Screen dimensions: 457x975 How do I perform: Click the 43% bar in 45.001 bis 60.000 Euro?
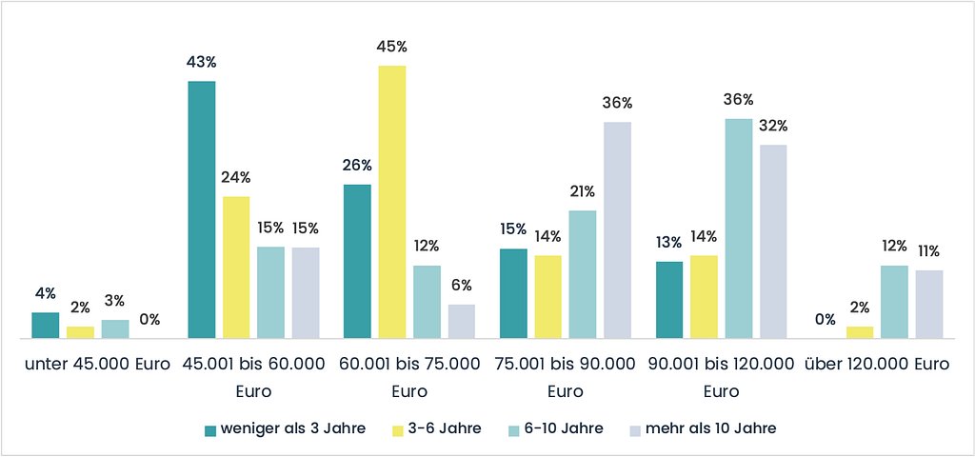pos(201,209)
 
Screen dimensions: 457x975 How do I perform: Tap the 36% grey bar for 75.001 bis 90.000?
pos(617,229)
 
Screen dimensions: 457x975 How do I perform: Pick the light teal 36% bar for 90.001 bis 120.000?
pos(739,228)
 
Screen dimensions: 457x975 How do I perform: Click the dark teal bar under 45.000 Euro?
pos(46,325)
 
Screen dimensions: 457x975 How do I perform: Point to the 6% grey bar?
pos(461,321)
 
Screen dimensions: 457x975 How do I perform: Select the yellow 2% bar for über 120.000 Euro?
pos(860,332)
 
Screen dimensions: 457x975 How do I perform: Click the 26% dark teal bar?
pos(357,261)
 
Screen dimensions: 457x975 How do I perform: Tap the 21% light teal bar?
pos(583,274)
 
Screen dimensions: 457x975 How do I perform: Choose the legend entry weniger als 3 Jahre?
pos(285,428)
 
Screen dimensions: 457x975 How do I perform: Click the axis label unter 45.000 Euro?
pos(97,364)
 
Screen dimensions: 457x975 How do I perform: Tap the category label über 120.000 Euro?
pos(877,364)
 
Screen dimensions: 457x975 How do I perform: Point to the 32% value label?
pos(773,126)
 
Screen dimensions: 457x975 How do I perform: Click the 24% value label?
pos(236,177)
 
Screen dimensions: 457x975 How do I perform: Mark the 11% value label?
pos(928,251)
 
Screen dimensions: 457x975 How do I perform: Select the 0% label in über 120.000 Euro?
pos(825,319)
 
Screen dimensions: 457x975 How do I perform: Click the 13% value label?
pos(669,242)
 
